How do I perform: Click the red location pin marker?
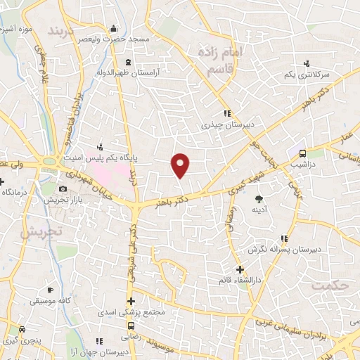(181, 165)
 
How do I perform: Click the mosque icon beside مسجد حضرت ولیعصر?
(115, 29)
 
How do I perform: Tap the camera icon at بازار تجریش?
(63, 188)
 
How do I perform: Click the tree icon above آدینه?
(258, 198)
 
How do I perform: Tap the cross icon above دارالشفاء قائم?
(240, 269)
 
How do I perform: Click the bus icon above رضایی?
(131, 326)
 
